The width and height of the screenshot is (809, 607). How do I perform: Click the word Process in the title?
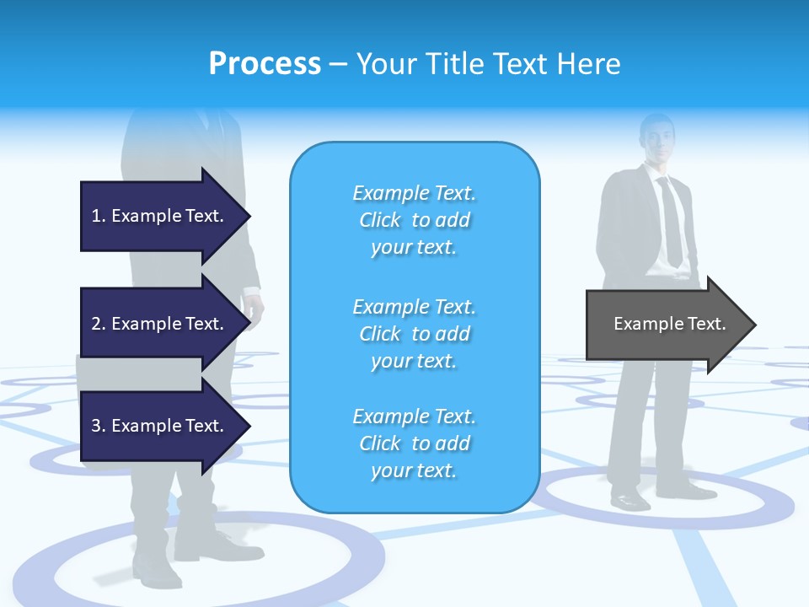pos(265,64)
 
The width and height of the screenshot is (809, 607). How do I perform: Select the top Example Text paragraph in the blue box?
pos(414,220)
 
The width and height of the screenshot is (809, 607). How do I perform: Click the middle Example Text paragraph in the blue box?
pos(414,334)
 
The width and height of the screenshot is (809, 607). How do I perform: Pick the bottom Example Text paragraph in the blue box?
pos(414,443)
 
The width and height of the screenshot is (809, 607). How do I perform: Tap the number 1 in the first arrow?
pos(96,216)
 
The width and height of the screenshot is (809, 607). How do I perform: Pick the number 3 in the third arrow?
pos(96,426)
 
